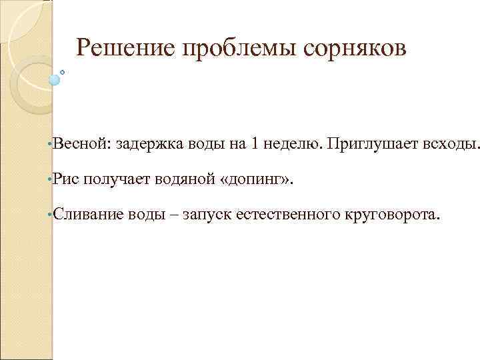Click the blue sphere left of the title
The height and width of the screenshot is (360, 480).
[x=55, y=79]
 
